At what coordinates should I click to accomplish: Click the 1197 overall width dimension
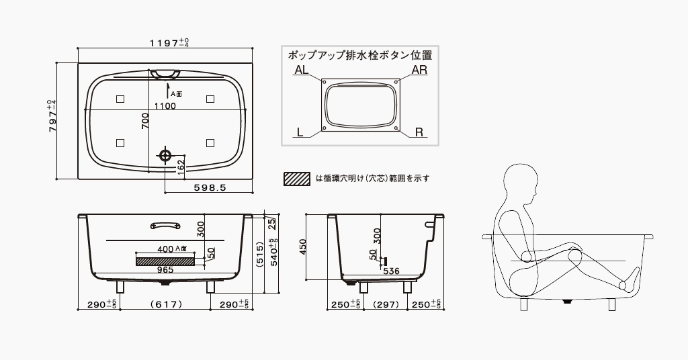point(169,43)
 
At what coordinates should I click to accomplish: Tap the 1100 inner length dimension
point(165,106)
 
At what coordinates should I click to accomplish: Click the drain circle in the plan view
point(165,155)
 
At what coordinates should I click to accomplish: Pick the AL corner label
point(301,70)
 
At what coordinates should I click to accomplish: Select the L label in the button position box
point(300,132)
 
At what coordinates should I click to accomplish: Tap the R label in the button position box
point(419,132)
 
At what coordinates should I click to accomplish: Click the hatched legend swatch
point(297,179)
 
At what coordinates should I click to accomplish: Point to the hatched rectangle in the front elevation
point(165,260)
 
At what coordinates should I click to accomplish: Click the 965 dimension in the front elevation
point(165,269)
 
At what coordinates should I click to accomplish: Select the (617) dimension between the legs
point(165,304)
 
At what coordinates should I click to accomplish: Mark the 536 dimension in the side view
point(392,271)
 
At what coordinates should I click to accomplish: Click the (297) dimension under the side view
point(386,304)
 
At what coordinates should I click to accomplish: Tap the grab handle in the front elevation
point(165,226)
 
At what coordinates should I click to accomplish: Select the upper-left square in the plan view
point(120,99)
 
